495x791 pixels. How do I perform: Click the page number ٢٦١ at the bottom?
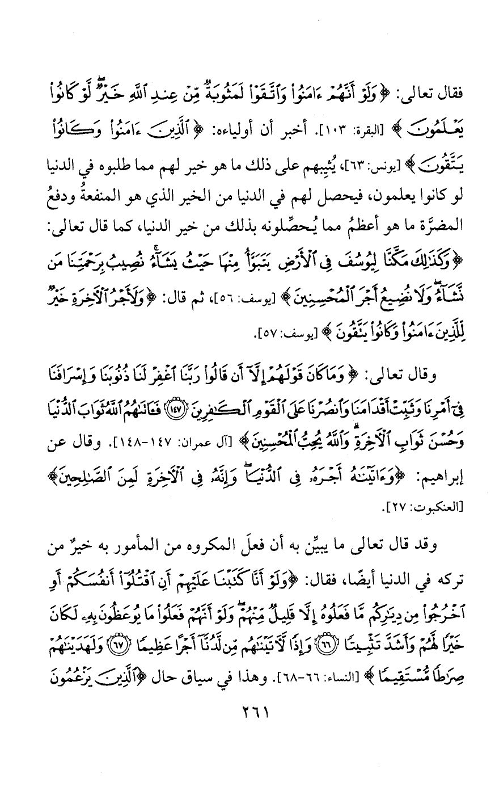247,725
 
